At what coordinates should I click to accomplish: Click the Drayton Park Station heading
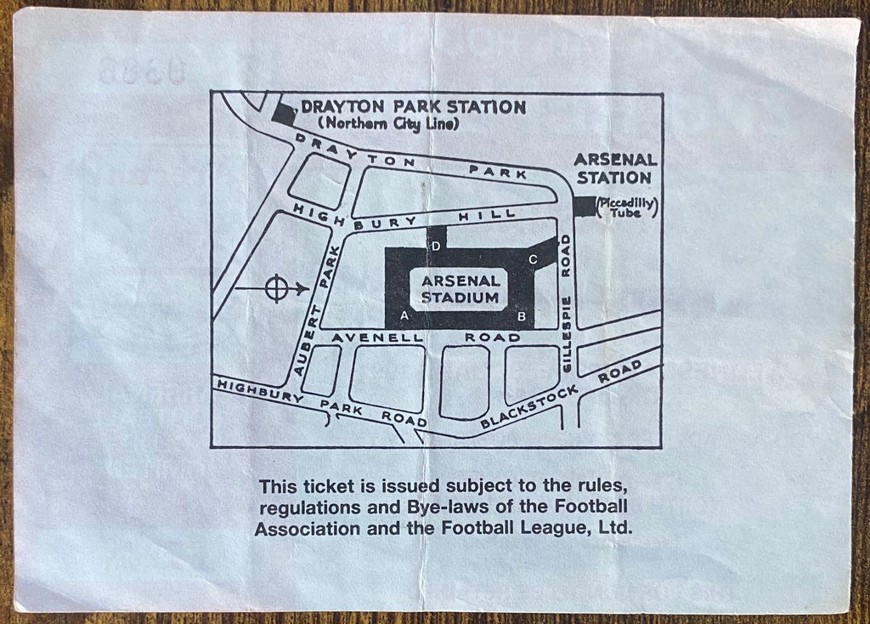(413, 107)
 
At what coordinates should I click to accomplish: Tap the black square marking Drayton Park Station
(283, 111)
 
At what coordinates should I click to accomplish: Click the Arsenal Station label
(614, 168)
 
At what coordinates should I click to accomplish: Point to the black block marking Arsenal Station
(585, 206)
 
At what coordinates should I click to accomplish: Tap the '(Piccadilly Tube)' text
(628, 207)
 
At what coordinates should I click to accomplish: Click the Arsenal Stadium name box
(460, 289)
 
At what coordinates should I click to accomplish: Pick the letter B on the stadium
(523, 317)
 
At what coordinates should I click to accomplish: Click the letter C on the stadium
(533, 259)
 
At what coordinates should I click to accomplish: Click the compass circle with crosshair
(275, 289)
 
